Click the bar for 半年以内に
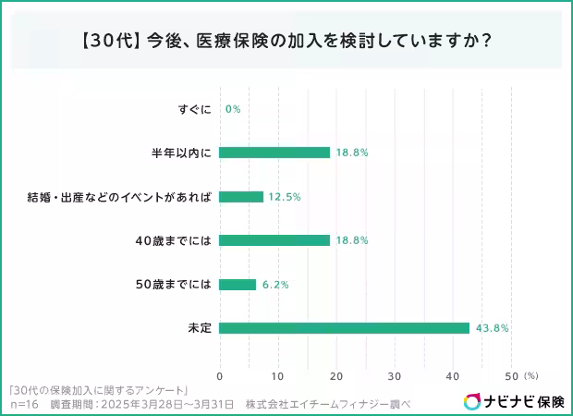(x=274, y=153)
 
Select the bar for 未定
(x=345, y=328)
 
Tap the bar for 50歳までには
(x=238, y=285)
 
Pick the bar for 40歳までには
(x=274, y=240)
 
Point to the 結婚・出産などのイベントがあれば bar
(x=241, y=197)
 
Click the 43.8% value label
(x=493, y=328)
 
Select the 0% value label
(x=233, y=109)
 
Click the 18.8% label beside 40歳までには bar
(x=353, y=240)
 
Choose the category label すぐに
(x=195, y=109)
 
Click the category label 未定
(x=201, y=328)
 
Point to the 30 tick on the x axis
(x=395, y=376)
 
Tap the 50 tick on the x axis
(x=511, y=376)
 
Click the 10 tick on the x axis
(x=277, y=376)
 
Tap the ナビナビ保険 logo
(x=514, y=401)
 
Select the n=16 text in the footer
(x=23, y=404)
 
